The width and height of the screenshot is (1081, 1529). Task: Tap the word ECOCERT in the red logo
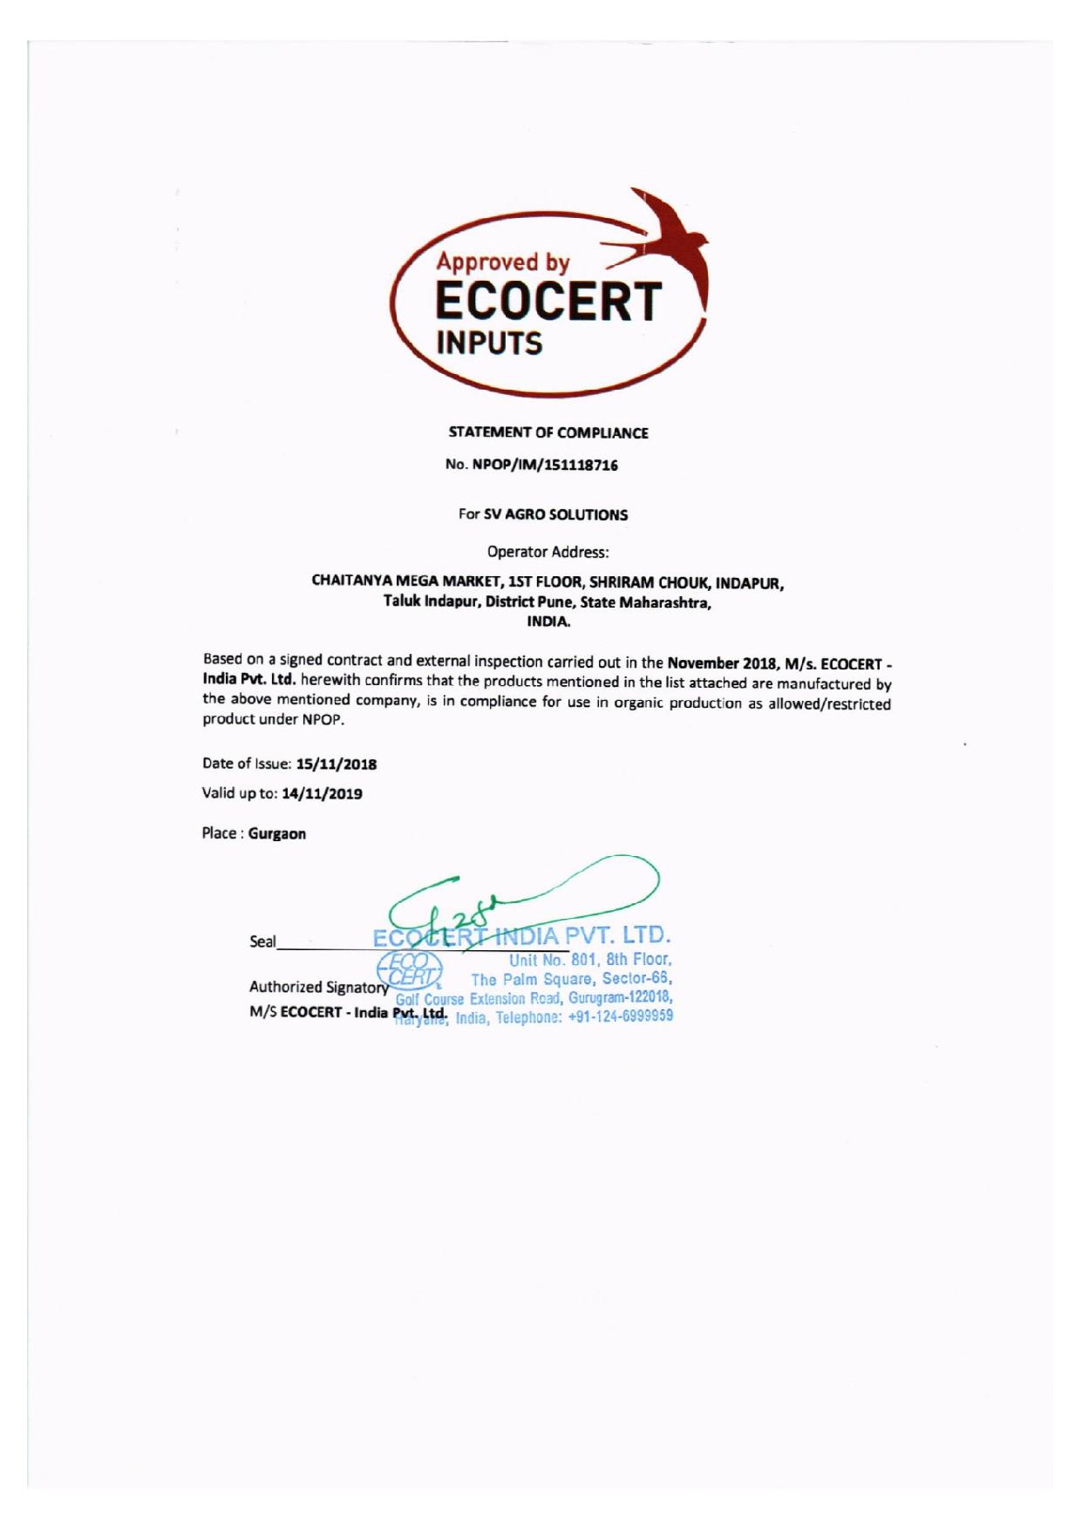(548, 302)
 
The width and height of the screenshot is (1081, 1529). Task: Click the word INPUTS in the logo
(489, 343)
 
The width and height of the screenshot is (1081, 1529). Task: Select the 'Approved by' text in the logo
(503, 261)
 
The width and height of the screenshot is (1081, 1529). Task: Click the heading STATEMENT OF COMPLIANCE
(548, 432)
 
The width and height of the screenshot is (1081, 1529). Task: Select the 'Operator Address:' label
(548, 551)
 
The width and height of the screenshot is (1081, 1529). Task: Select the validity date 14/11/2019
(323, 794)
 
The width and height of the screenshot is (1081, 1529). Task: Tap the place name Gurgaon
(277, 833)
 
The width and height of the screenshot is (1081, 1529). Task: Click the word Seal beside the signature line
(262, 941)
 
